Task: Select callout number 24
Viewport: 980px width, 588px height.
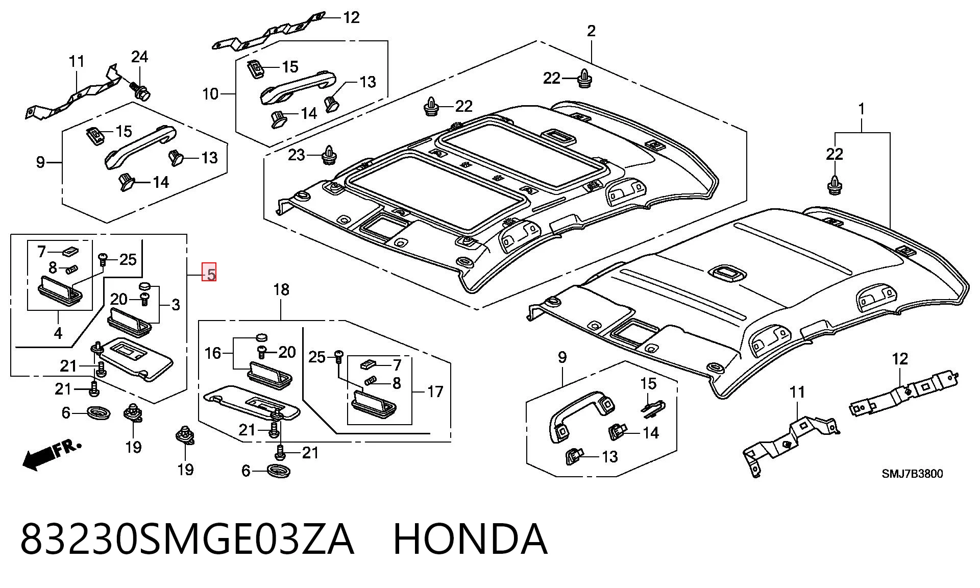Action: point(139,57)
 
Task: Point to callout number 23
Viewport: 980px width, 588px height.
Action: point(296,155)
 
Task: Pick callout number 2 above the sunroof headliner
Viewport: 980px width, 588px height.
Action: point(591,31)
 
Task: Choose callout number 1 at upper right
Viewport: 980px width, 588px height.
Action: point(862,109)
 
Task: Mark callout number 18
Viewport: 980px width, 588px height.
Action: point(281,290)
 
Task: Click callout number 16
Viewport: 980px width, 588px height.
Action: point(213,353)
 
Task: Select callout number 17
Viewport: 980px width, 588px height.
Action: point(435,392)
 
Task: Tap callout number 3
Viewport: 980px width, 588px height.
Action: point(176,305)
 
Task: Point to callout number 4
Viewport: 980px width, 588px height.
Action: point(58,333)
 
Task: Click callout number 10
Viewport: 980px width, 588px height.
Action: point(210,94)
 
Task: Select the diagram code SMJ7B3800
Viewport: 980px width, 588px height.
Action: point(913,474)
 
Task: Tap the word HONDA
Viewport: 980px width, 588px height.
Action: point(471,539)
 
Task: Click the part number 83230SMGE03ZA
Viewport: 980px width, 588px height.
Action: point(187,539)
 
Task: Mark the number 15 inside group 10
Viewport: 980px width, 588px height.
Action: point(290,67)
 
